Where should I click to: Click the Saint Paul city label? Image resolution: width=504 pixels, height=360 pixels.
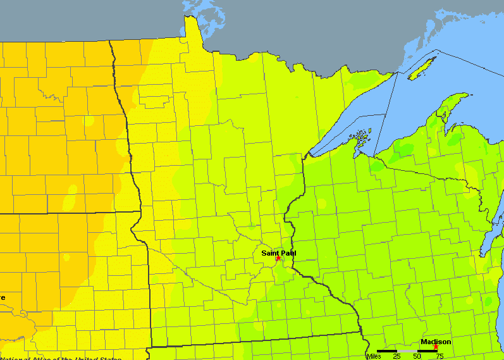pos(278,252)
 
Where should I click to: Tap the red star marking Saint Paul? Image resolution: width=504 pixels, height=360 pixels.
pos(278,258)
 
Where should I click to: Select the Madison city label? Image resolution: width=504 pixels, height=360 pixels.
pos(436,342)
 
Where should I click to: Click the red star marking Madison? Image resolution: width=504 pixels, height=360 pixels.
pos(436,347)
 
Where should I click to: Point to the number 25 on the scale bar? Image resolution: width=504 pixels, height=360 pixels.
pos(396,356)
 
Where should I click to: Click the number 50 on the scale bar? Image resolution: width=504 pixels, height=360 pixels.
pos(416,356)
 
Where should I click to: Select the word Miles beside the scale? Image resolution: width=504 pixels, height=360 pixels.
pos(373,356)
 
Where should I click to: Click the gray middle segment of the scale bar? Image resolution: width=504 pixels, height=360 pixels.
pos(407,351)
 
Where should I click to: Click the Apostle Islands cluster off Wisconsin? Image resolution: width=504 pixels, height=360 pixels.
pos(360,137)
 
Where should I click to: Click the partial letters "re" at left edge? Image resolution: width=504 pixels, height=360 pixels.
pos(3,297)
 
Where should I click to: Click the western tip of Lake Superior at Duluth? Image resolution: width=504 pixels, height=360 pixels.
pos(308,155)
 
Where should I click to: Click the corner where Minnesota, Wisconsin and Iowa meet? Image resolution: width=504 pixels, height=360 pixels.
pos(361,333)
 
